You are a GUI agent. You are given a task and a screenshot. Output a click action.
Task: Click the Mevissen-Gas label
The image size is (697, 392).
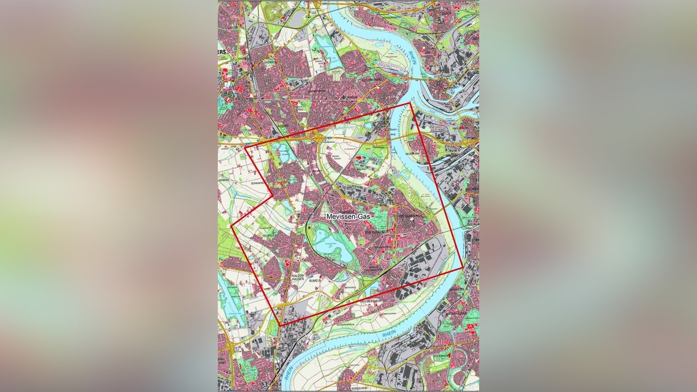click(347, 216)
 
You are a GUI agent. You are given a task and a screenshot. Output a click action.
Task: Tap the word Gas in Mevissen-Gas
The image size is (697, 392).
click(362, 216)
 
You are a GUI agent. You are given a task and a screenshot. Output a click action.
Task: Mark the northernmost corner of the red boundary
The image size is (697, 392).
click(410, 103)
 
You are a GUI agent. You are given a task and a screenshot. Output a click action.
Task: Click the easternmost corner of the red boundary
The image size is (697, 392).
click(463, 268)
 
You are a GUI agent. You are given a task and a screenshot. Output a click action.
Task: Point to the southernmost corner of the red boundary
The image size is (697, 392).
click(280, 325)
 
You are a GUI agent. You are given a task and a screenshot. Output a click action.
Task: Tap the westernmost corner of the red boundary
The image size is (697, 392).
click(232, 225)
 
